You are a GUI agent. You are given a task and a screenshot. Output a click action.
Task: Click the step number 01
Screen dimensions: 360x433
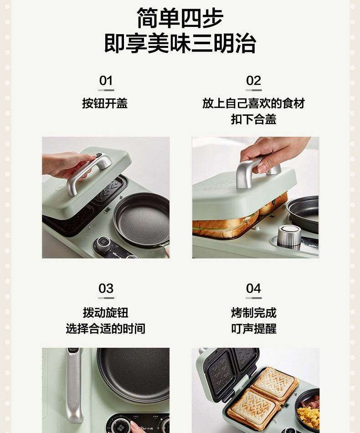(x=106, y=81)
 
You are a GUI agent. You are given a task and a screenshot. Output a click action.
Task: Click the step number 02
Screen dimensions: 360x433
(x=253, y=81)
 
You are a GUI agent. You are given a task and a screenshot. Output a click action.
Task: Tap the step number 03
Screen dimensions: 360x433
(x=106, y=289)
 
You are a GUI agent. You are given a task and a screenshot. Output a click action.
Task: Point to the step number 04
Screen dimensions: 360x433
(x=253, y=289)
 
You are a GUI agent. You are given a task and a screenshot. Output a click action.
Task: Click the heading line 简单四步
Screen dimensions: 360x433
(x=180, y=18)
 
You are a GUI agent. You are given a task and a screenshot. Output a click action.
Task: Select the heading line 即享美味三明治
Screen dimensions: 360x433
(x=180, y=43)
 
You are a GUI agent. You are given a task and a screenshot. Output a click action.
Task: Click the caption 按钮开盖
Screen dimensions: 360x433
(x=105, y=103)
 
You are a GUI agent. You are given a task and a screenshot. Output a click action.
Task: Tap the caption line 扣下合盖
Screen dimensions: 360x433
(x=253, y=119)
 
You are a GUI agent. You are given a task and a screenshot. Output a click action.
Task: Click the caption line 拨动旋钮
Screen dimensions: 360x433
(x=105, y=313)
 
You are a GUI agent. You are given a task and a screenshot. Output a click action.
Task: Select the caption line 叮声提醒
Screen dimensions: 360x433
(x=254, y=329)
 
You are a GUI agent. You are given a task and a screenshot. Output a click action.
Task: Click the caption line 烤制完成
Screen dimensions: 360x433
(x=254, y=313)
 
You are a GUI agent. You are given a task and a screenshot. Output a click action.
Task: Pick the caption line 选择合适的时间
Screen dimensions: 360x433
(x=105, y=329)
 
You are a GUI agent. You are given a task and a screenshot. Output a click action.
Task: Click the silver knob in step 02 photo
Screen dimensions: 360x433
(x=289, y=235)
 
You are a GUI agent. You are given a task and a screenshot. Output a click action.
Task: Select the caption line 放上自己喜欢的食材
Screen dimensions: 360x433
(x=253, y=103)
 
